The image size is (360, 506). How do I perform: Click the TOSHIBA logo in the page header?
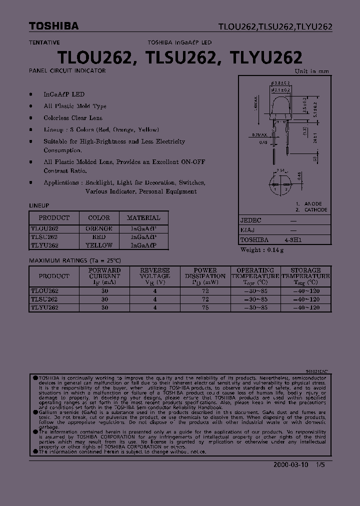point(46,26)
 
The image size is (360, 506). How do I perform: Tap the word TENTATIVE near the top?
point(44,43)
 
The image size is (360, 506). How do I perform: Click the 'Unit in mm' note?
point(312,71)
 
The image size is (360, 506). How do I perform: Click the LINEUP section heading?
point(39,205)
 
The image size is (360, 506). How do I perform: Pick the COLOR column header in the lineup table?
point(99,218)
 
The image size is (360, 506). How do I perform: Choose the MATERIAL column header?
point(143,218)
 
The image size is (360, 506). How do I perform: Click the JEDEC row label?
point(251,220)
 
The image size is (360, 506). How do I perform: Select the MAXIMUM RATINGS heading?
point(75,261)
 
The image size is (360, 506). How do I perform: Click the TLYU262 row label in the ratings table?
point(44,308)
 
